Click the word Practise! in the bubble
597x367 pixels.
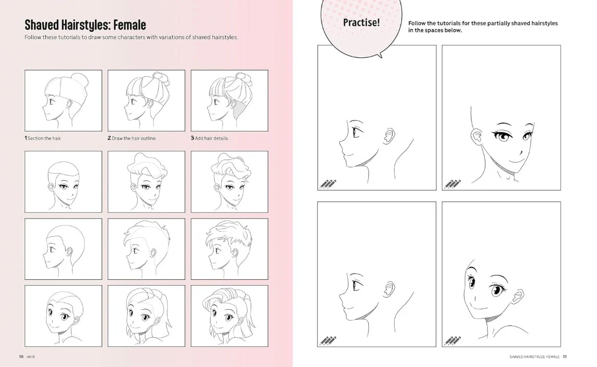point(361,22)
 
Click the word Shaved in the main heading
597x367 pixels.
point(42,25)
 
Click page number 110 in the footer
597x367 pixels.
point(21,357)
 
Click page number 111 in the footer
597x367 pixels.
point(565,357)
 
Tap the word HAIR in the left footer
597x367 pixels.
point(31,357)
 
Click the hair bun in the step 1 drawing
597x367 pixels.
point(83,81)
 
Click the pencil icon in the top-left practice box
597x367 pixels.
point(328,184)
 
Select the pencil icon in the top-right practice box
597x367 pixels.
point(453,184)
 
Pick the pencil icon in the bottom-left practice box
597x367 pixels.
point(328,340)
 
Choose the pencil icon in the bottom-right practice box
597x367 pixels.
point(453,340)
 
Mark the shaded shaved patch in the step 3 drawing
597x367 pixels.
point(239,109)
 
